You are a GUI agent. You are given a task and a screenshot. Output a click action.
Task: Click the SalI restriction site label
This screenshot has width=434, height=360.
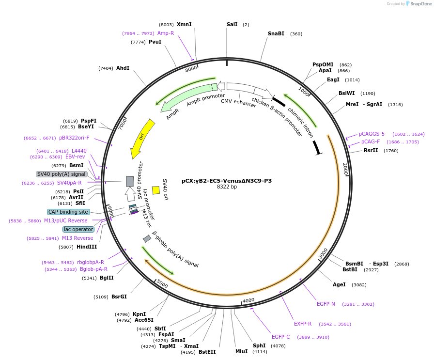(232, 24)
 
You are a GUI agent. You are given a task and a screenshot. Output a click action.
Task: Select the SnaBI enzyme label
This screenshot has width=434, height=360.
(276, 34)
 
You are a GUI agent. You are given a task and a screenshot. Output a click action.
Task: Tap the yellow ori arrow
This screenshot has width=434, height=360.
(142, 138)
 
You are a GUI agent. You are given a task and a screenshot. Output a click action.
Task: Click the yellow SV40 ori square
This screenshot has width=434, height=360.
(156, 190)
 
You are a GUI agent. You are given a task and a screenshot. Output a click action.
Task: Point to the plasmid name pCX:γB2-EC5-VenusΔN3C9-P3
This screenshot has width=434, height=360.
(227, 181)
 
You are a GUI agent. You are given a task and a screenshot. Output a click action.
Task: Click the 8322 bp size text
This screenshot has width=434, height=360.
(227, 187)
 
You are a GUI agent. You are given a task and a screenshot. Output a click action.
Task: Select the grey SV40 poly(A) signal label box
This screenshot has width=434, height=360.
(62, 174)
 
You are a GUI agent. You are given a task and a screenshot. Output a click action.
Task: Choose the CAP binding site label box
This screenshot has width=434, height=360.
(68, 212)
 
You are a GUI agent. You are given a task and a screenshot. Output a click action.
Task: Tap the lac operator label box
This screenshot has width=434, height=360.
(78, 229)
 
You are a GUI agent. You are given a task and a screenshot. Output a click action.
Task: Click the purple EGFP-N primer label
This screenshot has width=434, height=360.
(326, 304)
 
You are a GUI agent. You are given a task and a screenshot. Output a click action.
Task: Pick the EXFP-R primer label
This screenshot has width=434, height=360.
(303, 324)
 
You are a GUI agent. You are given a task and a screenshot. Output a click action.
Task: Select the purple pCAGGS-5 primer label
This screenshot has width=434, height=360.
(372, 134)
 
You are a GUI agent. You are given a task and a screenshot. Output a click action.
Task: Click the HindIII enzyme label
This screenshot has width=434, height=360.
(87, 247)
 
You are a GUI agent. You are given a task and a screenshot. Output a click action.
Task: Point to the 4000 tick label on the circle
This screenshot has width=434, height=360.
(248, 301)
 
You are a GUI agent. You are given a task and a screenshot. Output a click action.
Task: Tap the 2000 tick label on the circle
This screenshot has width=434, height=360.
(345, 169)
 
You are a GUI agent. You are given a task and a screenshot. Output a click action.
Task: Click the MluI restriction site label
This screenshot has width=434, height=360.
(241, 351)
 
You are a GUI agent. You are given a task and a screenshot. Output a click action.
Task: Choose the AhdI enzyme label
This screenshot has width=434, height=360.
(123, 68)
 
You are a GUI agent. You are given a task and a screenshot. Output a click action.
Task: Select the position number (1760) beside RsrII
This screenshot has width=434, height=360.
(391, 151)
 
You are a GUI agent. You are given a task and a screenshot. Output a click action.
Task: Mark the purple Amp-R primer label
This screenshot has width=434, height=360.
(166, 33)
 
